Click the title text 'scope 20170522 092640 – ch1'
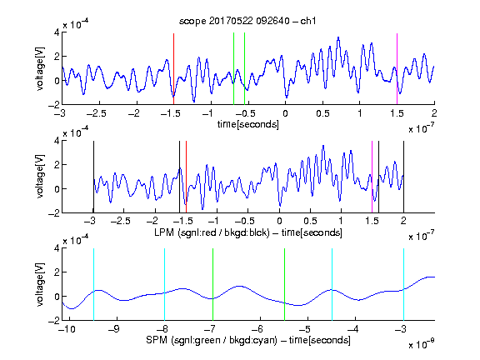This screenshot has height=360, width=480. (x=247, y=21)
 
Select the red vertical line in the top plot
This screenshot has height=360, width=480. (x=173, y=69)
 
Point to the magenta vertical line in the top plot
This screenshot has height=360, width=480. (x=397, y=69)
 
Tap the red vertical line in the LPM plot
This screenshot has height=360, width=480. (x=186, y=177)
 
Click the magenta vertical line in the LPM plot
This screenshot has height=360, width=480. (x=372, y=177)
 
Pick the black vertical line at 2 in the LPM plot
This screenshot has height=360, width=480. (x=403, y=177)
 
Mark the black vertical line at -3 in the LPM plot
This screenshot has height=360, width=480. (x=93, y=177)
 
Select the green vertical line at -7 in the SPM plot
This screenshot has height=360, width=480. (x=212, y=285)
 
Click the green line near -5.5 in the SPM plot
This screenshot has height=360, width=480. (x=284, y=285)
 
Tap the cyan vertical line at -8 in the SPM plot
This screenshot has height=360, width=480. (x=165, y=285)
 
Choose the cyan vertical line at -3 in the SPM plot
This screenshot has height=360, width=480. (x=403, y=285)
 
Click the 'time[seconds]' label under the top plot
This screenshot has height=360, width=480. (x=248, y=124)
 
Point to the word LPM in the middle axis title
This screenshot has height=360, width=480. (x=164, y=232)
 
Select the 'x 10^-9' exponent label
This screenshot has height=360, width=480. (x=422, y=343)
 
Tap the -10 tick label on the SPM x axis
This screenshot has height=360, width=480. (x=67, y=329)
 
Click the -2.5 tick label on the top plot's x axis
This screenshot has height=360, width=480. (x=97, y=113)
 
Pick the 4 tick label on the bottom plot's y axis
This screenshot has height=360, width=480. (x=57, y=248)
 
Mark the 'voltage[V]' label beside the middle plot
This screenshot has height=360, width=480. (x=40, y=177)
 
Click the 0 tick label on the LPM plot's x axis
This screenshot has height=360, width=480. (x=279, y=221)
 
